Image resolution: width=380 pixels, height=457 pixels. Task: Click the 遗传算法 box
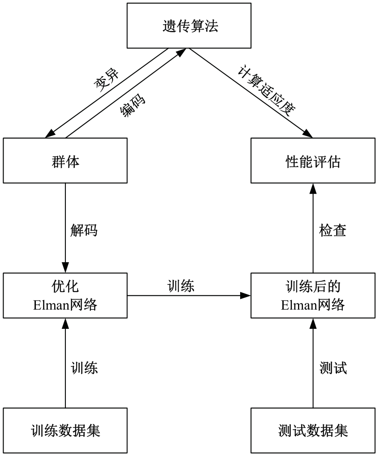[x=190, y=26]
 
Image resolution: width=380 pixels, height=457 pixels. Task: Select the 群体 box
[x=65, y=161]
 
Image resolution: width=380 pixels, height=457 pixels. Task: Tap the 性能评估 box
[x=313, y=161]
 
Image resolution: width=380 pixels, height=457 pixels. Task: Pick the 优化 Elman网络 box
[x=65, y=296]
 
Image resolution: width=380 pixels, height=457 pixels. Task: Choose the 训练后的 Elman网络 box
[x=313, y=296]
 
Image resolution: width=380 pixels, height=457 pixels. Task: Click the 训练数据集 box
[x=65, y=431]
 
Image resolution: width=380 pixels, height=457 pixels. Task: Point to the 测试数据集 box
[x=313, y=431]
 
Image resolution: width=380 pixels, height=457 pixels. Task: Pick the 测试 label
[x=333, y=368]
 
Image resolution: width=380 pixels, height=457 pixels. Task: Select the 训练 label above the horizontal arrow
[x=181, y=286]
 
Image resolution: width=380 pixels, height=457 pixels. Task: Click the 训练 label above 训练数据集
[x=84, y=368]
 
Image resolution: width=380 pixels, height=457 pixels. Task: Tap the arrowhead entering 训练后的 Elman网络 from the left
[x=246, y=296]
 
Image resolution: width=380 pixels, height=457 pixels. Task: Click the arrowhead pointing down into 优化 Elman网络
[x=65, y=268]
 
